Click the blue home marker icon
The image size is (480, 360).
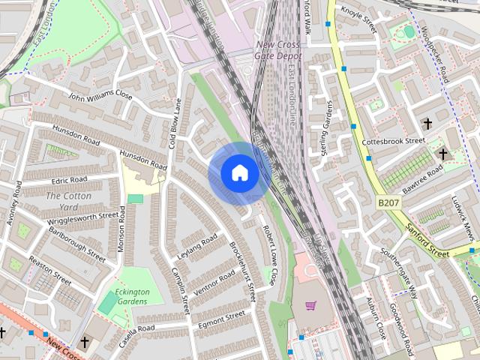coord(239,173)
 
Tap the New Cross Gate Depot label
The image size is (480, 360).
coord(278,50)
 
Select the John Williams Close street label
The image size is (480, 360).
coord(100,97)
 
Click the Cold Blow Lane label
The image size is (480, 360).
coord(175,124)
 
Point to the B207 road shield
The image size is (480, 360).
coord(388,202)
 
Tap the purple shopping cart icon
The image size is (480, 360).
coord(310,305)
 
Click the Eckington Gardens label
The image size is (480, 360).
coord(132,297)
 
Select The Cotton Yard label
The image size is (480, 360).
coord(62,201)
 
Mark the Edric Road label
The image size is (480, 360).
coord(69,181)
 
